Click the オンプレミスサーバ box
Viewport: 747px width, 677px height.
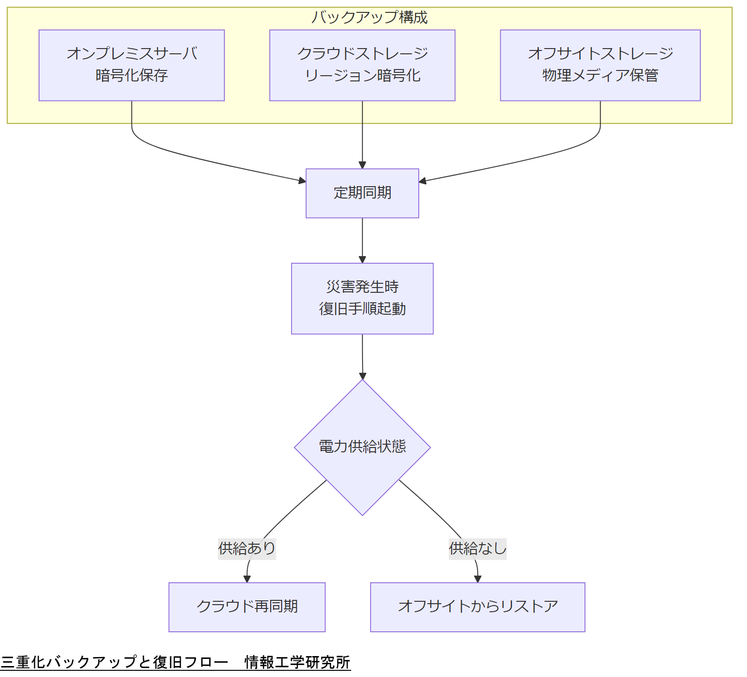coord(131,65)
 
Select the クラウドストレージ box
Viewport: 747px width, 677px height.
coord(362,65)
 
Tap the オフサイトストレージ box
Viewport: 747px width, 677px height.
coord(600,65)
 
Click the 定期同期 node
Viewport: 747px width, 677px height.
coord(362,193)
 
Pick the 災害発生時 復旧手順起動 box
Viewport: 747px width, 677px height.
coord(362,299)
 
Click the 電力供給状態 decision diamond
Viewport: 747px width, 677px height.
coord(362,447)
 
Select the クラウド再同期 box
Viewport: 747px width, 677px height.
coord(247,607)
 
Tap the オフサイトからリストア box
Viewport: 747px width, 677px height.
coord(477,607)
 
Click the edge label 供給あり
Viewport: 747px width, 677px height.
coord(247,548)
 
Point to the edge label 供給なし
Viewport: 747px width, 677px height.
coord(477,548)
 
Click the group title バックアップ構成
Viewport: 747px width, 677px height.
coord(369,17)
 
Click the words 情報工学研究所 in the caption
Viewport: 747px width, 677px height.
coord(297,662)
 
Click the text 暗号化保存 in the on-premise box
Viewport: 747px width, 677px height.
coord(131,76)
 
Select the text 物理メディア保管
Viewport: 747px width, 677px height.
coord(600,76)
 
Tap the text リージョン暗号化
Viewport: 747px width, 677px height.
coord(362,76)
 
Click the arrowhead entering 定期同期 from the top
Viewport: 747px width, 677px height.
coord(362,165)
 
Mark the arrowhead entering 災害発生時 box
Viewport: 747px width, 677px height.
coord(362,259)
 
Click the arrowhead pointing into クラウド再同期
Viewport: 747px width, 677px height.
coord(247,579)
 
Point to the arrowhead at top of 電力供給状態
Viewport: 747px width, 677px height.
coord(363,376)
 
